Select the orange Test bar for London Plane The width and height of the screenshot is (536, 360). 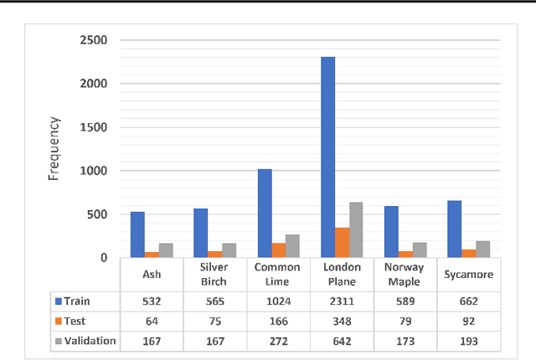click(x=343, y=243)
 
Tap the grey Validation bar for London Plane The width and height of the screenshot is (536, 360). click(x=356, y=229)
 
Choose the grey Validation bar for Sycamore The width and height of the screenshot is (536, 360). click(x=482, y=249)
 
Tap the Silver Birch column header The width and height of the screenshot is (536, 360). click(x=214, y=274)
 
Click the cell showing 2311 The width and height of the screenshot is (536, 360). click(x=341, y=300)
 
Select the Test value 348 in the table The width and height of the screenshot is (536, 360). click(x=341, y=321)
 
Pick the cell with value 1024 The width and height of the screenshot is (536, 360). click(x=277, y=300)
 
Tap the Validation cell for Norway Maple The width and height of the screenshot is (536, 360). click(x=405, y=341)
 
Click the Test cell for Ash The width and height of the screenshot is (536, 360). click(x=151, y=321)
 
